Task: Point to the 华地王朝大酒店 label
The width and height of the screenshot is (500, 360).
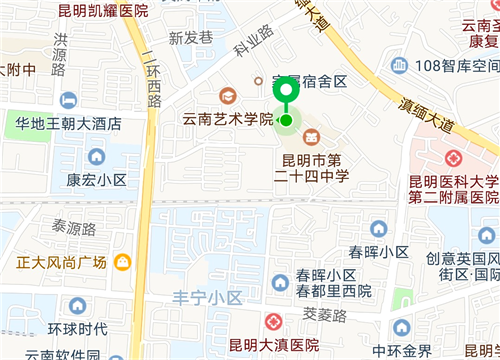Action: click(68, 125)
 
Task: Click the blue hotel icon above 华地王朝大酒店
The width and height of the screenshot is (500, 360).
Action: click(68, 100)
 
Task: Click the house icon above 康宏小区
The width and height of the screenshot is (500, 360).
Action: click(96, 157)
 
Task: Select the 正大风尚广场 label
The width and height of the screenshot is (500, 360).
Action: click(61, 262)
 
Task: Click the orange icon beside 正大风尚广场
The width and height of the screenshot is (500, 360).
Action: click(122, 262)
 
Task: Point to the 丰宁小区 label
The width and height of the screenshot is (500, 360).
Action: click(208, 298)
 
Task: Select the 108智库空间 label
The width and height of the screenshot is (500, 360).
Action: click(456, 66)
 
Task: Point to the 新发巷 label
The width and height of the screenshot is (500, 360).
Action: click(190, 38)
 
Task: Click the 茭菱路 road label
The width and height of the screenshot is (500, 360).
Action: click(324, 314)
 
